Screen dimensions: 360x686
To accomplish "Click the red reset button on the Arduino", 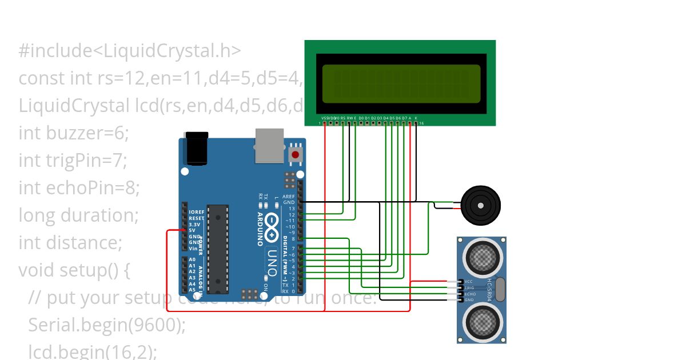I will (296, 154).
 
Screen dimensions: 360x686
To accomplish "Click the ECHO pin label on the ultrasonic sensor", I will (470, 294).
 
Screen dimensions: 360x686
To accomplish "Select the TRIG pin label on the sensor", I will (470, 288).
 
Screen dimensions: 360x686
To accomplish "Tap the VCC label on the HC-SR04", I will (469, 282).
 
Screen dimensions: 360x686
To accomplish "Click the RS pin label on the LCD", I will (343, 118).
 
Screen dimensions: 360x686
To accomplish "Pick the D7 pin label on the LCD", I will (404, 118).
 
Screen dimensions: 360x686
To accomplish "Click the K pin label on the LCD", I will (416, 118).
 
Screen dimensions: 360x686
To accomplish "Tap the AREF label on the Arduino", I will (289, 197).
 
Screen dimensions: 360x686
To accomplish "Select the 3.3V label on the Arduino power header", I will (194, 225).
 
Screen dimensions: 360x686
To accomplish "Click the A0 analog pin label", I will (192, 260).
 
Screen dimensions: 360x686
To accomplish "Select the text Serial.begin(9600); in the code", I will (107, 325).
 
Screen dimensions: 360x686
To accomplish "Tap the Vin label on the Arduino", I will (193, 249).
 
